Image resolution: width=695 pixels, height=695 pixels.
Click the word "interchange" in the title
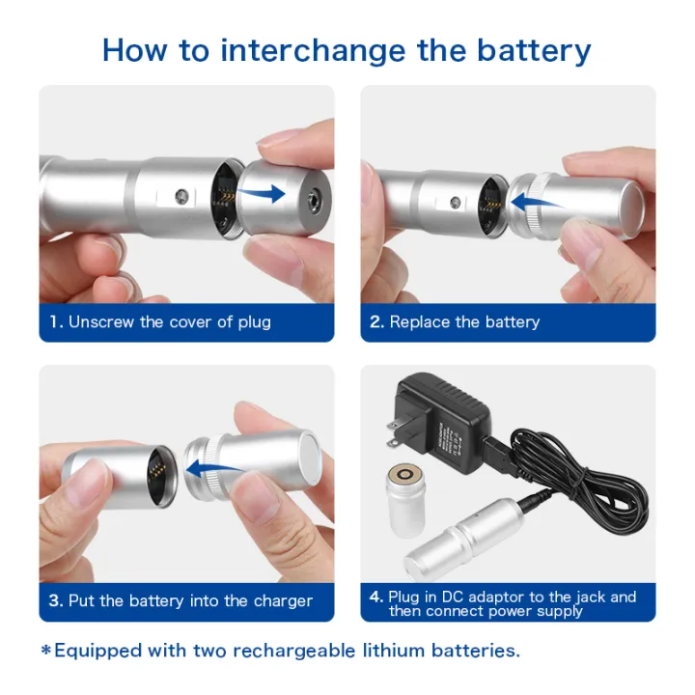pos(313,51)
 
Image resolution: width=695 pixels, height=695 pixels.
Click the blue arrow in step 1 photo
pos(261,193)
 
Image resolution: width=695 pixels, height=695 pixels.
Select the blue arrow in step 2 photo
pos(537,203)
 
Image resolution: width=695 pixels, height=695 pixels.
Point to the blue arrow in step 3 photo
pos(213,468)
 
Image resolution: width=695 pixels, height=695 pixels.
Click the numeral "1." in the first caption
pos(56,321)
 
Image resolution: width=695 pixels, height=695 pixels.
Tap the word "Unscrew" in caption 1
pos(101,321)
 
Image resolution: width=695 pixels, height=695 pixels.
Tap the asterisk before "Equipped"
pos(46,651)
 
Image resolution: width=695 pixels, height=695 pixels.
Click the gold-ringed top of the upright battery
pos(405,475)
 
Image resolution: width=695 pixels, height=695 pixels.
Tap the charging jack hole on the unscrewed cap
pos(315,196)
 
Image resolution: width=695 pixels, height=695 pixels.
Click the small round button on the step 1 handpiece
pos(181,195)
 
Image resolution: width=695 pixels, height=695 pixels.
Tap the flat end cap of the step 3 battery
pos(309,459)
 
